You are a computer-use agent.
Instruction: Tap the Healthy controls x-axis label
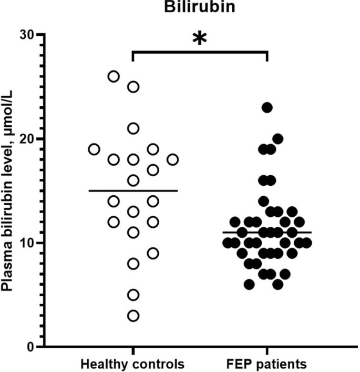point(133,364)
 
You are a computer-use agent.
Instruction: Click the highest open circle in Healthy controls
point(114,76)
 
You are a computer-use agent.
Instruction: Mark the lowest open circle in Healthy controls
point(133,316)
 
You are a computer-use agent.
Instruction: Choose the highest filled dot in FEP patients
point(268,107)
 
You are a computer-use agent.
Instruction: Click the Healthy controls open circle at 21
point(133,128)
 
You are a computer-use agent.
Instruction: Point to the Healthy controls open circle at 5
point(133,295)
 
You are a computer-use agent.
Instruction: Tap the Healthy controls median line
point(133,190)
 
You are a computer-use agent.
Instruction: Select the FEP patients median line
point(268,232)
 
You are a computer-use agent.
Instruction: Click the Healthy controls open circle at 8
point(133,264)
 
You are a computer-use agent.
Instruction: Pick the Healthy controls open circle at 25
point(133,87)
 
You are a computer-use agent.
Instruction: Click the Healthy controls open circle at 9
point(153,253)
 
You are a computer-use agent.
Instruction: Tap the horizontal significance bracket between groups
point(200,52)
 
